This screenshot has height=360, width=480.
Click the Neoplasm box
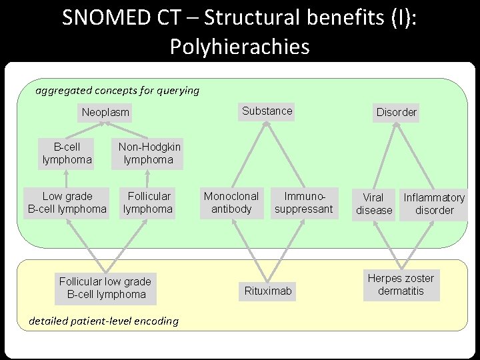(105, 112)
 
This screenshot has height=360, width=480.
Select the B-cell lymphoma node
(67, 153)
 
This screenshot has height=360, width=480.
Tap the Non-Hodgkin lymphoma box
(149, 153)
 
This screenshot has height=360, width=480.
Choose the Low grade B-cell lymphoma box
(66, 203)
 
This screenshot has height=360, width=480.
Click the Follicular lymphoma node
(148, 203)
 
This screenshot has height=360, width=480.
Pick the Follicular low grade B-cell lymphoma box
(105, 287)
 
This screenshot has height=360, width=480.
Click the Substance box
(267, 111)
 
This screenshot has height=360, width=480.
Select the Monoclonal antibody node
(231, 203)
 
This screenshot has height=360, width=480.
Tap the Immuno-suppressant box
(303, 203)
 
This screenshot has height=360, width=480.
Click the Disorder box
(396, 112)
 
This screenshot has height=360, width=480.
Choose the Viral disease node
(373, 204)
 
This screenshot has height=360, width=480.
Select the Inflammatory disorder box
(434, 204)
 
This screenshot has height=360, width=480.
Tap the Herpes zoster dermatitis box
(401, 285)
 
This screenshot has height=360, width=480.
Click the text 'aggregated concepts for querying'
(117, 90)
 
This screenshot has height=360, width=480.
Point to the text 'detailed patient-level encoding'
(104, 321)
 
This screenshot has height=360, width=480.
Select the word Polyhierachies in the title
(239, 47)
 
